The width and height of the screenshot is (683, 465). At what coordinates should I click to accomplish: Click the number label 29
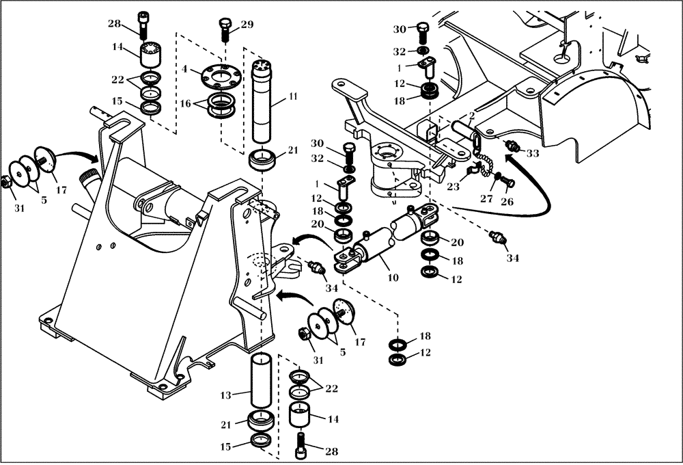point(247,25)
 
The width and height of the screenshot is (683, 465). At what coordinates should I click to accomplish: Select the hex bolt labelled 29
point(225,29)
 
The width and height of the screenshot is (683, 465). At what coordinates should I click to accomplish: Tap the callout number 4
point(184,68)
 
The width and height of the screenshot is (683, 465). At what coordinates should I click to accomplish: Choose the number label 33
point(533,154)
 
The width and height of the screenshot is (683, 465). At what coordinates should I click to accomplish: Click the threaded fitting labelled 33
point(512,145)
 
